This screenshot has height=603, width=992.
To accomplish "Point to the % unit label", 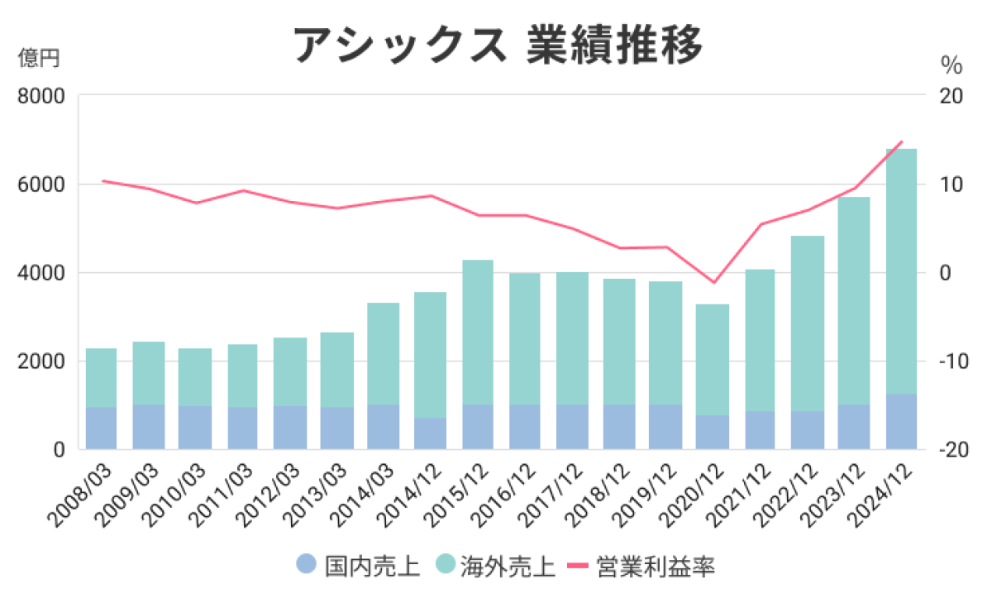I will [x=951, y=64].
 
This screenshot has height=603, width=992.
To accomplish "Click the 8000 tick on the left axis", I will [x=41, y=96].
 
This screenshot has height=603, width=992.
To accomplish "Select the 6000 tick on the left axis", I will [x=41, y=184].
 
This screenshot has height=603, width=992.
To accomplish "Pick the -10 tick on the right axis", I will [x=951, y=361].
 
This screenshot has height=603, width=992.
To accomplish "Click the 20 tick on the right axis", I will [x=951, y=96].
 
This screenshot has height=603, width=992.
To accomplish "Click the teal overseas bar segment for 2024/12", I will [x=901, y=273].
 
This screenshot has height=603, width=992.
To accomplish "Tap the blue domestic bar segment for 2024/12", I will [x=901, y=422].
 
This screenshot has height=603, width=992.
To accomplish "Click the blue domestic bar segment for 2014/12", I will [x=431, y=433].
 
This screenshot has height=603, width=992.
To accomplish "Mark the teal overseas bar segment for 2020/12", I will [x=713, y=360].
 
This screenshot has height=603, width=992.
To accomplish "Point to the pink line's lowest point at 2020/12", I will [x=713, y=283].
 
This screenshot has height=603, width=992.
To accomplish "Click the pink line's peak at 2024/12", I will [x=902, y=141].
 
